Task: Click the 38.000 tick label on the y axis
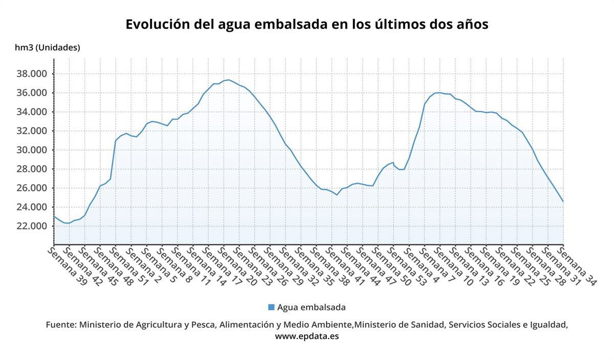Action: (x=32, y=74)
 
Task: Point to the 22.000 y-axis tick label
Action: (x=32, y=226)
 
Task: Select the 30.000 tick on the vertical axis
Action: (x=32, y=150)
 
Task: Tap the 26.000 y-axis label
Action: (x=32, y=188)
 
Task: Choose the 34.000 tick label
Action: (x=32, y=112)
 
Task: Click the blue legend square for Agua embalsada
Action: (x=271, y=307)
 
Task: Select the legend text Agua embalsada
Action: (x=311, y=307)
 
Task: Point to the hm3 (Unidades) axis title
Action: (x=48, y=48)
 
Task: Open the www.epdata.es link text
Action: (x=307, y=336)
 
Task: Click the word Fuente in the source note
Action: (x=61, y=325)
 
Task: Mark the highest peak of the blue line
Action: (x=229, y=80)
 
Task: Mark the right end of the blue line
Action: (x=563, y=201)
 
